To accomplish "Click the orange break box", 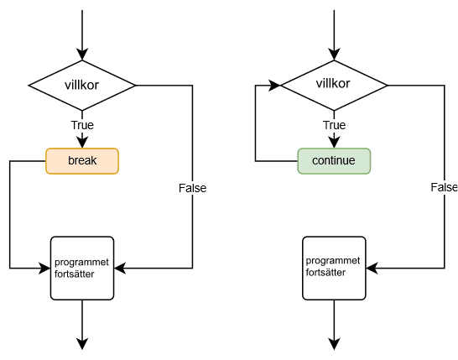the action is (82, 161).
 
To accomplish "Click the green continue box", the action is (334, 161).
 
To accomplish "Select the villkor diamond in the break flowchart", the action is (82, 86).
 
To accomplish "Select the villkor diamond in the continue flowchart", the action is (334, 86).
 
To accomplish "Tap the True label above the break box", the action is (82, 125).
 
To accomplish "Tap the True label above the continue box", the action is (334, 125).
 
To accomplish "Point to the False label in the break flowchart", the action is (192, 188).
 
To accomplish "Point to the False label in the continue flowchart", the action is (445, 187).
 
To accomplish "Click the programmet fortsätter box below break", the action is (82, 269).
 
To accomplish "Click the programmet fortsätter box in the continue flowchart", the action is (334, 269).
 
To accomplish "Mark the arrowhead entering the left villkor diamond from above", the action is (82, 55).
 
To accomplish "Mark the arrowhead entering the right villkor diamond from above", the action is (334, 55).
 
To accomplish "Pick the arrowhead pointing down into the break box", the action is (82, 143).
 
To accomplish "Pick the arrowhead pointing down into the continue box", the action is (334, 143).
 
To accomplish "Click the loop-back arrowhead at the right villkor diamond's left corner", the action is (274, 86).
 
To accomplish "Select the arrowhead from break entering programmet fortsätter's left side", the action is (44, 269).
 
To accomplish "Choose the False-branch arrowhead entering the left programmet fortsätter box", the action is (120, 269).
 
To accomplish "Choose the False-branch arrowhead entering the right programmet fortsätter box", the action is (372, 269).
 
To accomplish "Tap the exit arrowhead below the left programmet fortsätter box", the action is (82, 344).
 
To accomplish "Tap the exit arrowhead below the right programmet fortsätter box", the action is (334, 344).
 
